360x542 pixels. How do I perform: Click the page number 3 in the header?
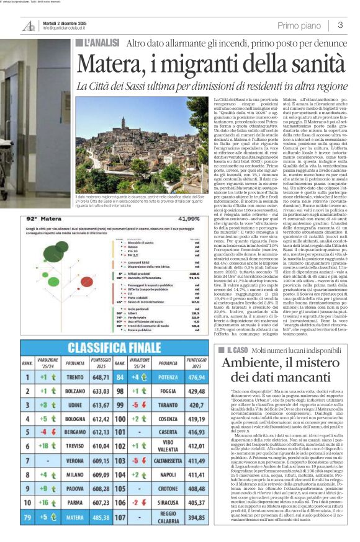click(x=340, y=25)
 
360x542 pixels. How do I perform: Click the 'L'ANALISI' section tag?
click(x=99, y=43)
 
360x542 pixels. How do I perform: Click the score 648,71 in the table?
click(x=101, y=377)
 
